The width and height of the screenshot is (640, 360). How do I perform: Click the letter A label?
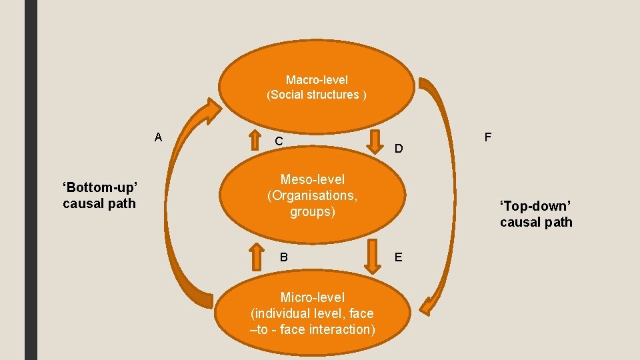tap(158, 137)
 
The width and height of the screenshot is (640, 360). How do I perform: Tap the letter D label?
tap(398, 148)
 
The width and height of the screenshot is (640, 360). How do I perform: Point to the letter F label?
tap(488, 137)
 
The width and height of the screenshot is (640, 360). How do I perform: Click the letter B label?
tap(283, 257)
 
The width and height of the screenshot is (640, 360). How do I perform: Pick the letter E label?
tap(398, 257)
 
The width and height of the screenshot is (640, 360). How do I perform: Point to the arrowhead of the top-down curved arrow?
tap(427, 306)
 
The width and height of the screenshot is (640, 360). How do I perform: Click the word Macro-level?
tap(317, 79)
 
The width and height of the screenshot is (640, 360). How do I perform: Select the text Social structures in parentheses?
tap(316, 95)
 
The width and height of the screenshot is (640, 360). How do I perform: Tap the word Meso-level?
tap(312, 179)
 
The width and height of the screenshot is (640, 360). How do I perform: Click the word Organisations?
tap(312, 196)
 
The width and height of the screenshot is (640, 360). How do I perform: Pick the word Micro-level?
tap(312, 297)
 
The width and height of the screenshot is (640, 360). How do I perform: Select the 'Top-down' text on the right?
tap(535, 206)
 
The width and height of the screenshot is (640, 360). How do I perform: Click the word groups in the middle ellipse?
tap(312, 212)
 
